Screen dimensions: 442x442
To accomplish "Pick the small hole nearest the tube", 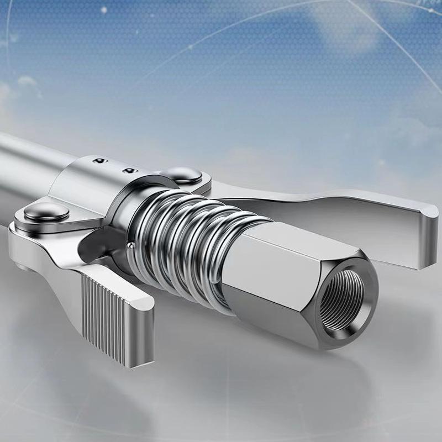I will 99,161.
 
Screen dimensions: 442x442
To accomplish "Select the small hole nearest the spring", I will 129,170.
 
